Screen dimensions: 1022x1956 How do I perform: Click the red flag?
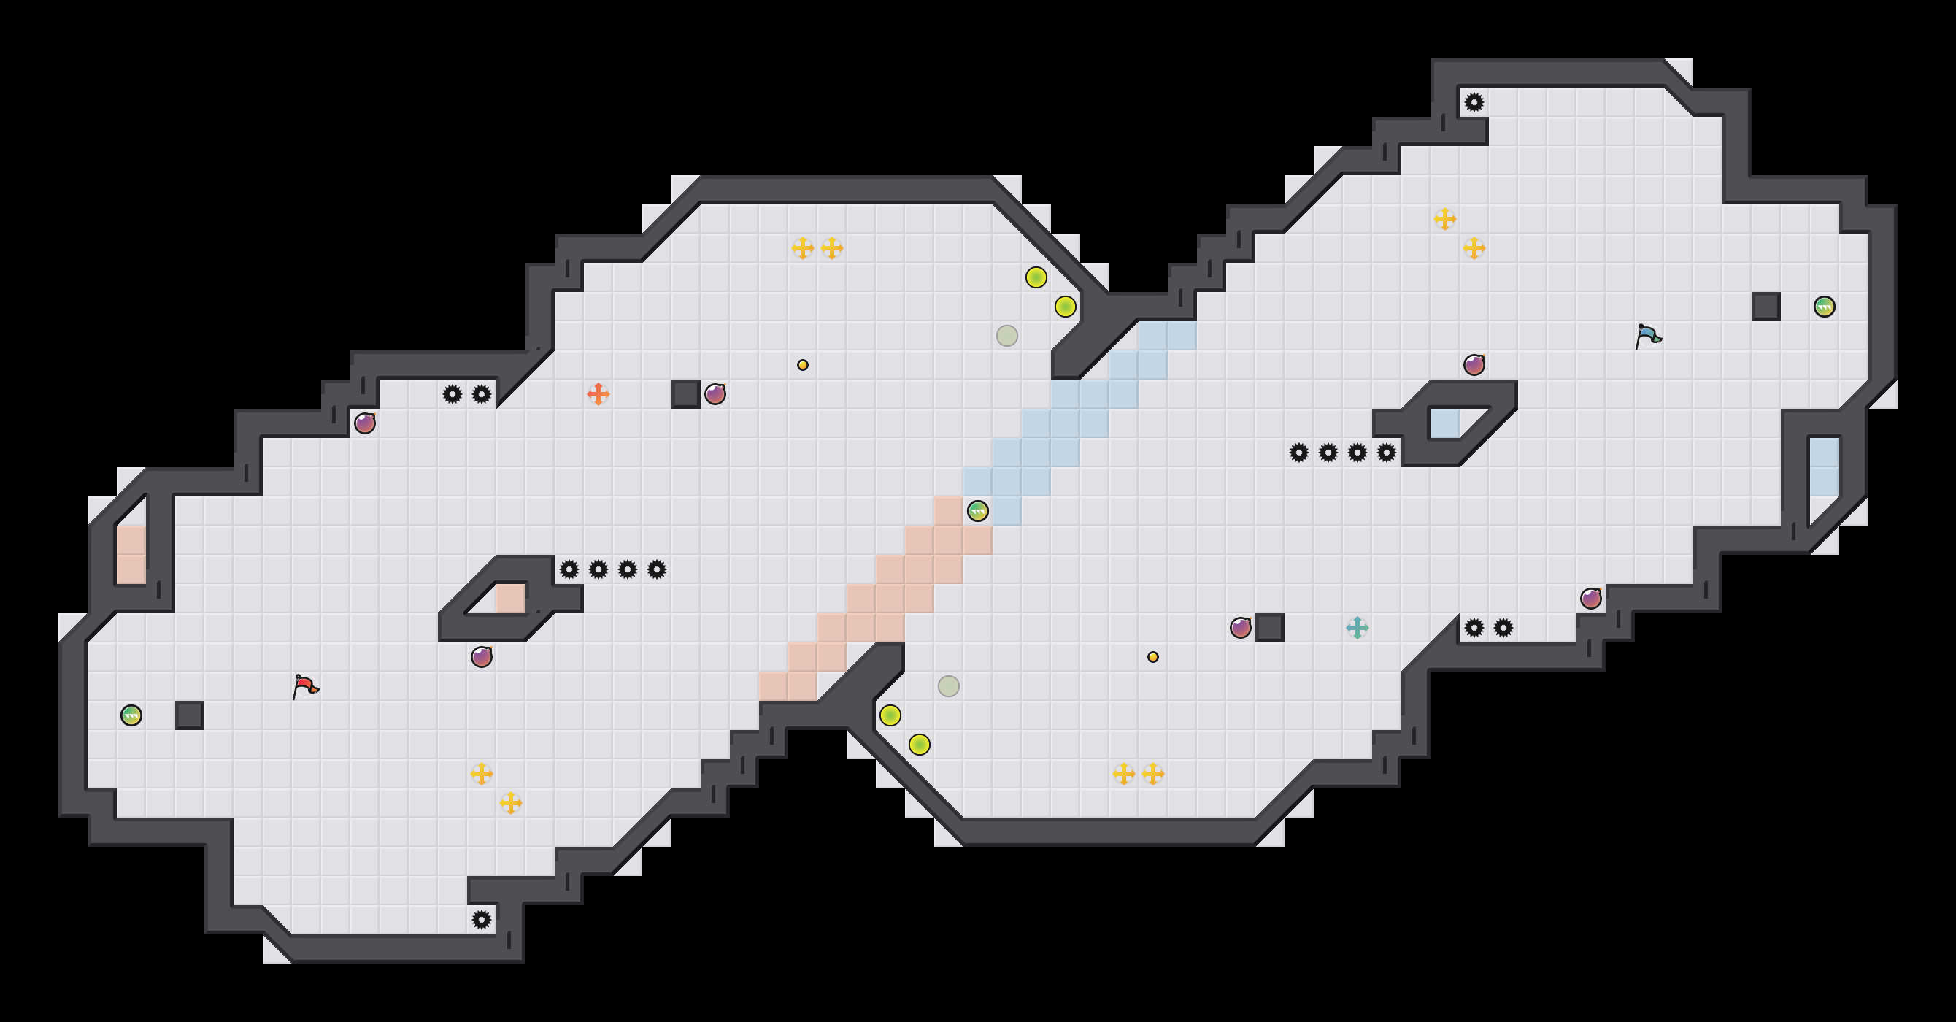(x=305, y=685)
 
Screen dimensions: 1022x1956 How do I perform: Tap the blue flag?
(x=1648, y=335)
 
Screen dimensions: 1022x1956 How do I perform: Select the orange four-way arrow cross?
(x=598, y=394)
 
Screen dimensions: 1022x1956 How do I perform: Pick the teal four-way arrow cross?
(x=1357, y=628)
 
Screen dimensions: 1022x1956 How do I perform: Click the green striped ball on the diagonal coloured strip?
(x=978, y=511)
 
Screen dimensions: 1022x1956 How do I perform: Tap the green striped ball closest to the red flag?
(x=131, y=715)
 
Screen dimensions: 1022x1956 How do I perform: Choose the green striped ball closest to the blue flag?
(x=1825, y=307)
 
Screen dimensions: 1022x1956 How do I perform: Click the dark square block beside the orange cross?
(x=685, y=394)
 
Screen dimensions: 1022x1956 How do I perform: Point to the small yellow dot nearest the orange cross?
(x=803, y=365)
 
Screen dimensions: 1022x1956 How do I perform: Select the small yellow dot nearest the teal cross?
(x=1152, y=657)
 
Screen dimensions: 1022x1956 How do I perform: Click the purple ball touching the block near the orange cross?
(x=715, y=394)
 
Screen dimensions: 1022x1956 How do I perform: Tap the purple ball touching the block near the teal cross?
(x=1241, y=628)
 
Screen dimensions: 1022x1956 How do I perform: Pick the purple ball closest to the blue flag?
(x=1474, y=365)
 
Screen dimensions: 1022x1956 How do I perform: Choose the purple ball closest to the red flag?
(x=482, y=657)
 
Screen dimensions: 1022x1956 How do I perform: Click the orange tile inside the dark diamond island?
(x=510, y=599)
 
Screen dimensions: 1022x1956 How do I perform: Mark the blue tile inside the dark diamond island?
(x=1444, y=423)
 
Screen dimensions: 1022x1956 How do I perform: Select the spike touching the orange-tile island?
(x=569, y=569)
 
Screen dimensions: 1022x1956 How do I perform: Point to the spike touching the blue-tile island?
(x=1387, y=453)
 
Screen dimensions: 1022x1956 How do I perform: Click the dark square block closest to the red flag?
(x=190, y=715)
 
